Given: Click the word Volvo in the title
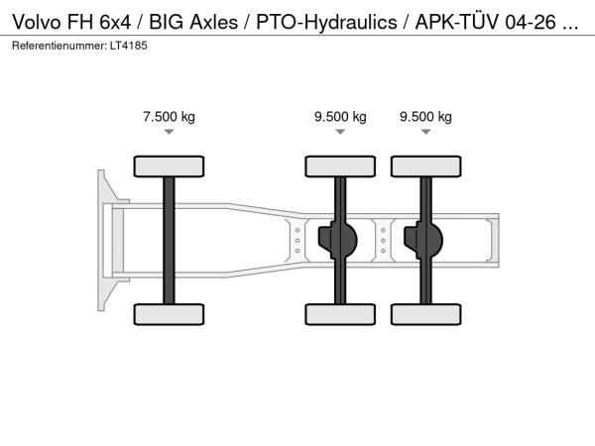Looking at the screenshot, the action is [37, 22].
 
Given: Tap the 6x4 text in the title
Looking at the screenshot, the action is [115, 22].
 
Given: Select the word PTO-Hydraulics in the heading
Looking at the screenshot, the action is [326, 23].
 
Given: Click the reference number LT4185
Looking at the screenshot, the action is [129, 46].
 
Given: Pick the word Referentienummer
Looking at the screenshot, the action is [59, 46].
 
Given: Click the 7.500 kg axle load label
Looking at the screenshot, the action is [169, 116].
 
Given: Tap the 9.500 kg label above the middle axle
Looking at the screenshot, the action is [340, 116].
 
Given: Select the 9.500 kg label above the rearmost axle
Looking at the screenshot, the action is [425, 116].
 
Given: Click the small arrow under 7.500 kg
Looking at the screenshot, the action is [169, 132].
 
